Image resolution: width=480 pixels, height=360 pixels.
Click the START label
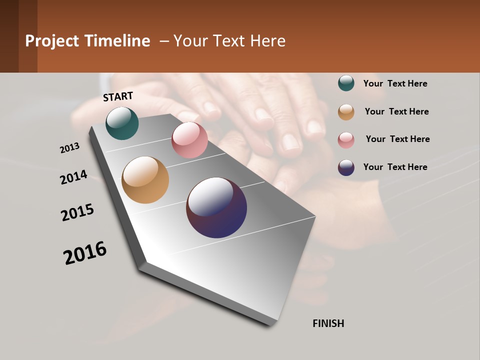(x=118, y=96)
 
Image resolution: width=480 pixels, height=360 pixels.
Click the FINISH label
(x=328, y=323)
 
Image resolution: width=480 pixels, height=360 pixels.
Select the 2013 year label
(x=70, y=148)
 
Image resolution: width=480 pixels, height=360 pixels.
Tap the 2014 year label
(x=74, y=177)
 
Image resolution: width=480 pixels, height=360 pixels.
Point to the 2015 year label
(x=77, y=212)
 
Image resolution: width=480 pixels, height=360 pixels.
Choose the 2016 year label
(x=85, y=253)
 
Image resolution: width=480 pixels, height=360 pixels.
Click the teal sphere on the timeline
(x=122, y=123)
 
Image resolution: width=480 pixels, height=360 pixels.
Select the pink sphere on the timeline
(x=189, y=140)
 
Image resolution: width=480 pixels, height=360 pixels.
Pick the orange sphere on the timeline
(x=145, y=180)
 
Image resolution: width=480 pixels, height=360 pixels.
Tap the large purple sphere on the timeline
(x=216, y=207)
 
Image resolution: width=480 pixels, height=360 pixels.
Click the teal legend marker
(x=346, y=83)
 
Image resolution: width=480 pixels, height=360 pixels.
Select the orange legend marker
(x=346, y=112)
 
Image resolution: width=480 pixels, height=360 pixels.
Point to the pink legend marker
(x=346, y=140)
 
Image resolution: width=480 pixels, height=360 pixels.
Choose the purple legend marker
(x=346, y=167)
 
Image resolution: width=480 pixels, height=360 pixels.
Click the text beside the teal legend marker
(x=395, y=83)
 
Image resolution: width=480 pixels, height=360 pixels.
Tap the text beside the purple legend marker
(x=395, y=167)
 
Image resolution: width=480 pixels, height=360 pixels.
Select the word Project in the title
(x=52, y=41)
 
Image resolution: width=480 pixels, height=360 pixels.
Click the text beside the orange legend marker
(x=396, y=111)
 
